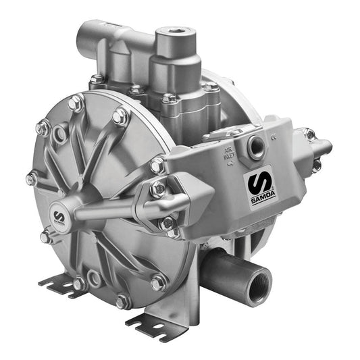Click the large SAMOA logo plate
pos(258,186)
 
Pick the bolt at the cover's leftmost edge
pos(31,178)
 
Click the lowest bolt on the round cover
pos(122,301)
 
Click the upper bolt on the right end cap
pos(309,134)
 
